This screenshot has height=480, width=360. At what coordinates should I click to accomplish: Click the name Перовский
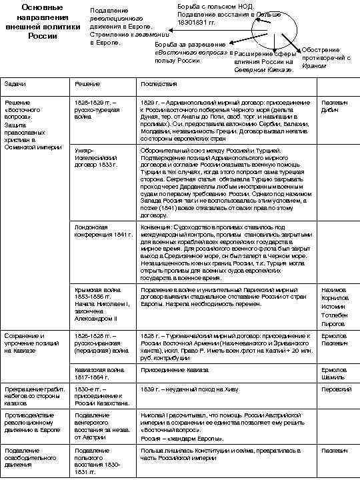click(x=336, y=389)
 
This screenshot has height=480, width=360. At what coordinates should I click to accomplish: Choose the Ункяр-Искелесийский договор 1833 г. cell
click(x=97, y=157)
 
